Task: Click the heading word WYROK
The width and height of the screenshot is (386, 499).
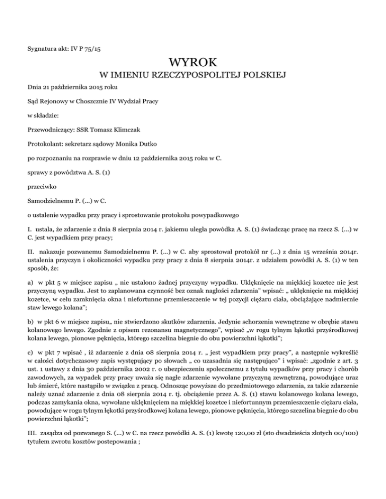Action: pyautogui.click(x=193, y=62)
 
